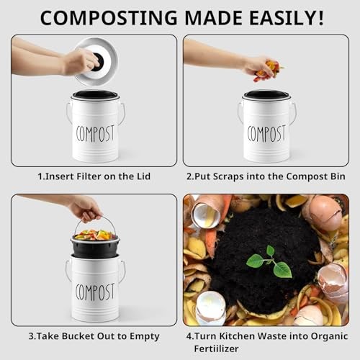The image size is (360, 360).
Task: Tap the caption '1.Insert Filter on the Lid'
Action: coord(95,176)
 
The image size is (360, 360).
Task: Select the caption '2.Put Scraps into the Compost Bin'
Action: coord(266,176)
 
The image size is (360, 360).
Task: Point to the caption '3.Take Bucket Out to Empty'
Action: coord(95,336)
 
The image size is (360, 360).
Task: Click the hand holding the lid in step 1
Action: coord(78,62)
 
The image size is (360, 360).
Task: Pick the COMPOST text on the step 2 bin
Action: coord(266,133)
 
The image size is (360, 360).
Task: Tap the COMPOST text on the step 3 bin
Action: coord(95,292)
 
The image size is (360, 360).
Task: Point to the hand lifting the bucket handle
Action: coord(84,208)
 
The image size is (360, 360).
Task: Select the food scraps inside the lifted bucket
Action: coord(95,235)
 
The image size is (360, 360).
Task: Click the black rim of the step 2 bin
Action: coord(266,94)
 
